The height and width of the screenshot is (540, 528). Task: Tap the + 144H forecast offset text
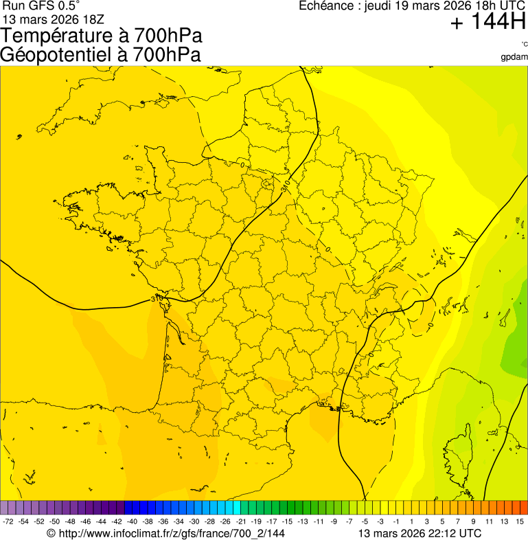tap(488, 23)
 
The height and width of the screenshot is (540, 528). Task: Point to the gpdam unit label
tap(515, 56)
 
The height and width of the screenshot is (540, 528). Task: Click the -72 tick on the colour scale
tap(8, 522)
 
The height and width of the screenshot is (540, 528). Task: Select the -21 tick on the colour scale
tap(240, 522)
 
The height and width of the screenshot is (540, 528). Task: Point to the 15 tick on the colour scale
tap(520, 522)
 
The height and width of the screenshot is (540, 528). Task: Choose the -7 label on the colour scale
tap(349, 522)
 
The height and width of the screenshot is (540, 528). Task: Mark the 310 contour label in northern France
tap(286, 185)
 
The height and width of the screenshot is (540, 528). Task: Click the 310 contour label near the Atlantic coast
tap(157, 299)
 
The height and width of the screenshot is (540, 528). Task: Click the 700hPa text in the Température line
tap(168, 36)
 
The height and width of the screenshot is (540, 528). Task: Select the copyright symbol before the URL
tap(50, 533)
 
